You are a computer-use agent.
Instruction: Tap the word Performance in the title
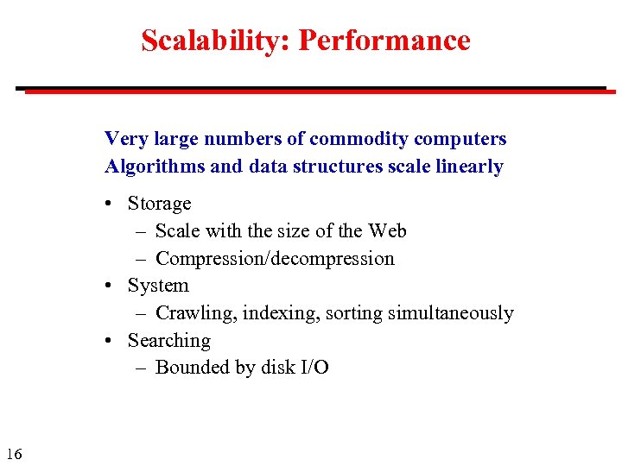point(384,41)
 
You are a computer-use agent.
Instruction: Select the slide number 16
point(13,454)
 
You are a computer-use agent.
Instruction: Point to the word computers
point(460,139)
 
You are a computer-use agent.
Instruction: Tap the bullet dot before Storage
point(112,205)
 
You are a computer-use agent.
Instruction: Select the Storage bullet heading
point(159,205)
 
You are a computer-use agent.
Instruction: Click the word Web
point(387,231)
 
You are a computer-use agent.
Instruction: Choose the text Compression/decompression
point(275,259)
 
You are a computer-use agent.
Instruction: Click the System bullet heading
point(158,286)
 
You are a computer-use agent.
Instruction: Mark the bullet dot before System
point(112,287)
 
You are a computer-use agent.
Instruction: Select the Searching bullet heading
point(169,341)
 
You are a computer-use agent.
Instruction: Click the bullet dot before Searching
point(112,341)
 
